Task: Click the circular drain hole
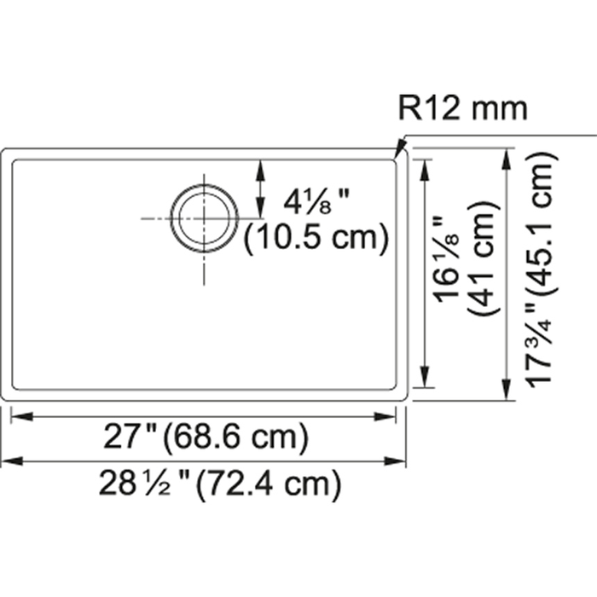click(204, 219)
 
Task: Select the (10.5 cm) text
click(316, 239)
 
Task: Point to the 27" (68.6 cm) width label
click(206, 438)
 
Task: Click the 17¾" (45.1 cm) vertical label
click(541, 270)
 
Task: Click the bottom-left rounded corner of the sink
click(7, 394)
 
